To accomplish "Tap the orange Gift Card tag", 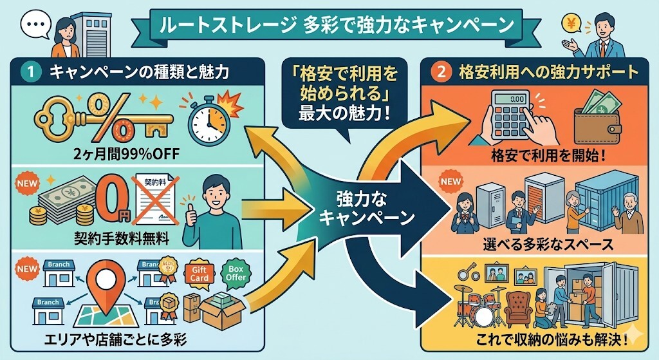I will coord(197,274).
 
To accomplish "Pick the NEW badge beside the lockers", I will coord(450,182).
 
